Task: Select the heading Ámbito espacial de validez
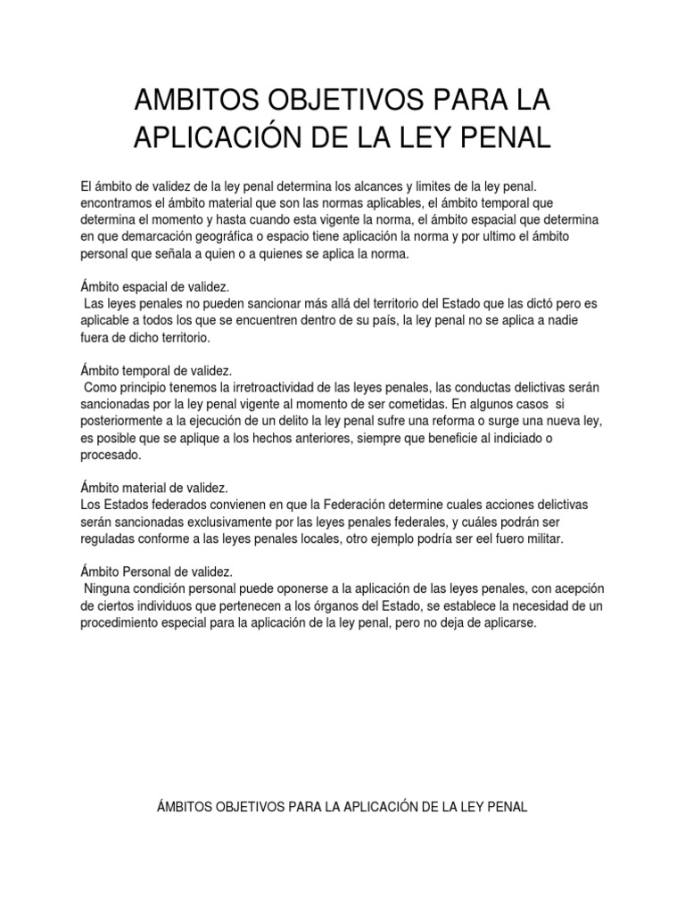[x=155, y=287]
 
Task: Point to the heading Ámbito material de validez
[x=154, y=488]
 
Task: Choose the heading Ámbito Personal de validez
[x=156, y=572]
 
